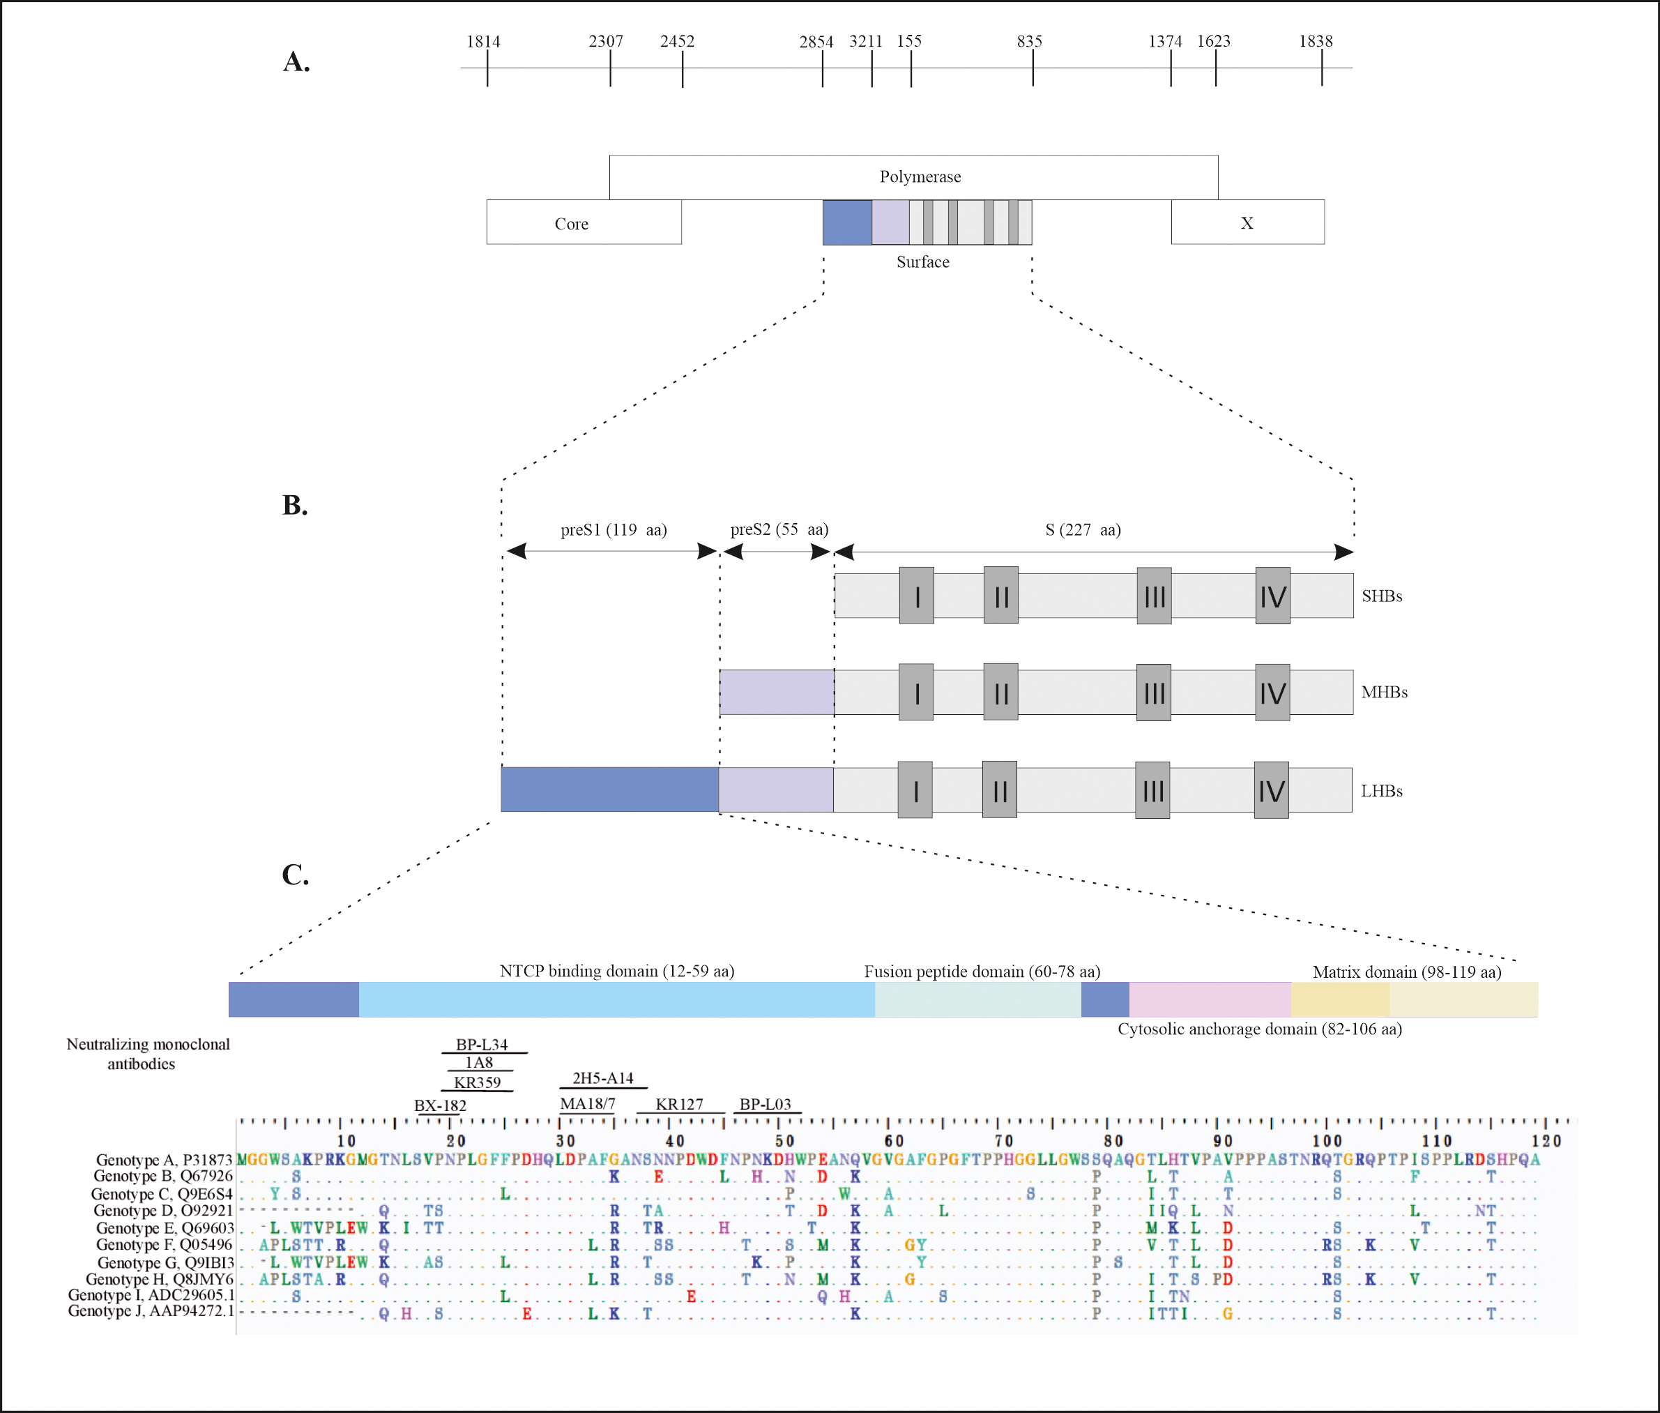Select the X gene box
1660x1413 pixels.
tap(1247, 222)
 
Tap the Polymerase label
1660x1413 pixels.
tap(920, 176)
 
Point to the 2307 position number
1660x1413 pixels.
tap(605, 41)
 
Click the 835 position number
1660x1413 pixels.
tap(1029, 41)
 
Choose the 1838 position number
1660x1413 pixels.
tap(1315, 41)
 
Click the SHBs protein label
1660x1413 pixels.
tap(1381, 596)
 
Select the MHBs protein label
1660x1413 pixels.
tap(1384, 692)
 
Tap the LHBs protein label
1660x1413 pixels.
tap(1381, 791)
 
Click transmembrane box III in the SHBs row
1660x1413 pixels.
tap(1154, 596)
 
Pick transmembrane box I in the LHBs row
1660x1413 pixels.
tap(915, 789)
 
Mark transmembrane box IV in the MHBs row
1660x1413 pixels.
tap(1272, 692)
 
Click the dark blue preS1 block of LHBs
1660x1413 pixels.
tap(609, 789)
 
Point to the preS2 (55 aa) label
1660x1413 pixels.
tap(778, 529)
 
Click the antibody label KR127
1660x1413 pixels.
tap(679, 1104)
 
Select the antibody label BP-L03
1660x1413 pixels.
tap(765, 1104)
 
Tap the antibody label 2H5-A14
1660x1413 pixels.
tap(602, 1078)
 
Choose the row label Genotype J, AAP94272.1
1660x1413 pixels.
tap(151, 1310)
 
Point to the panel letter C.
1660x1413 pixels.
tap(295, 874)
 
